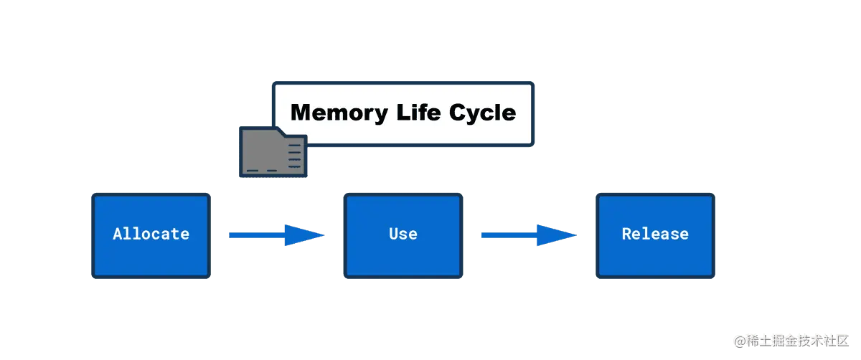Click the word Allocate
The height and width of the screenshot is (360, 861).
pos(151,234)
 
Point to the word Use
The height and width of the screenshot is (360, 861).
pos(403,234)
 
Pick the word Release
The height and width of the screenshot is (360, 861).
pos(654,234)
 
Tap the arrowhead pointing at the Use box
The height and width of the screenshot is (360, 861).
pos(304,235)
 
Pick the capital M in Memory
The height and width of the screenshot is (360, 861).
pos(301,113)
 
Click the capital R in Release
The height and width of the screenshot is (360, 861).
pos(626,234)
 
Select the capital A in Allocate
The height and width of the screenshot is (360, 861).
pos(118,234)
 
